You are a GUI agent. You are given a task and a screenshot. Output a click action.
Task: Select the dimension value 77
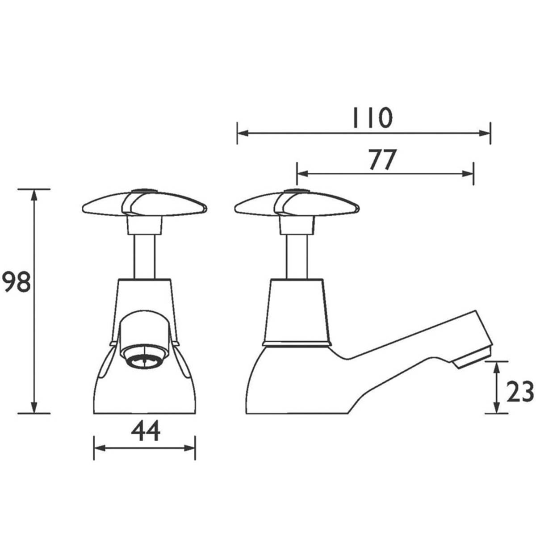pos(382,159)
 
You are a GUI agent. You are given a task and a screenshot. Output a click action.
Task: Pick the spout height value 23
pos(519,391)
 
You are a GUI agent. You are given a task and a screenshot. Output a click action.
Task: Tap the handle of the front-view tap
pos(144,205)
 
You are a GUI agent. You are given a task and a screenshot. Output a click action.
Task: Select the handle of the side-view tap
pos(296,205)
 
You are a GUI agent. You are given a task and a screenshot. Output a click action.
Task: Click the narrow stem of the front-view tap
pos(144,257)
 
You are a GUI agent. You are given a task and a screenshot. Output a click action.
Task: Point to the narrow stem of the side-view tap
pos(296,257)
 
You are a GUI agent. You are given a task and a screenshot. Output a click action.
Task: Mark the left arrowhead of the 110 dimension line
pos(242,133)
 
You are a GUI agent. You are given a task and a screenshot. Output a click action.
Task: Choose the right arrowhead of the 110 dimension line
pos(486,133)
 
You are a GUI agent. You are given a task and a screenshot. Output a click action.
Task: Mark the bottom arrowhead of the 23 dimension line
pos(496,408)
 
